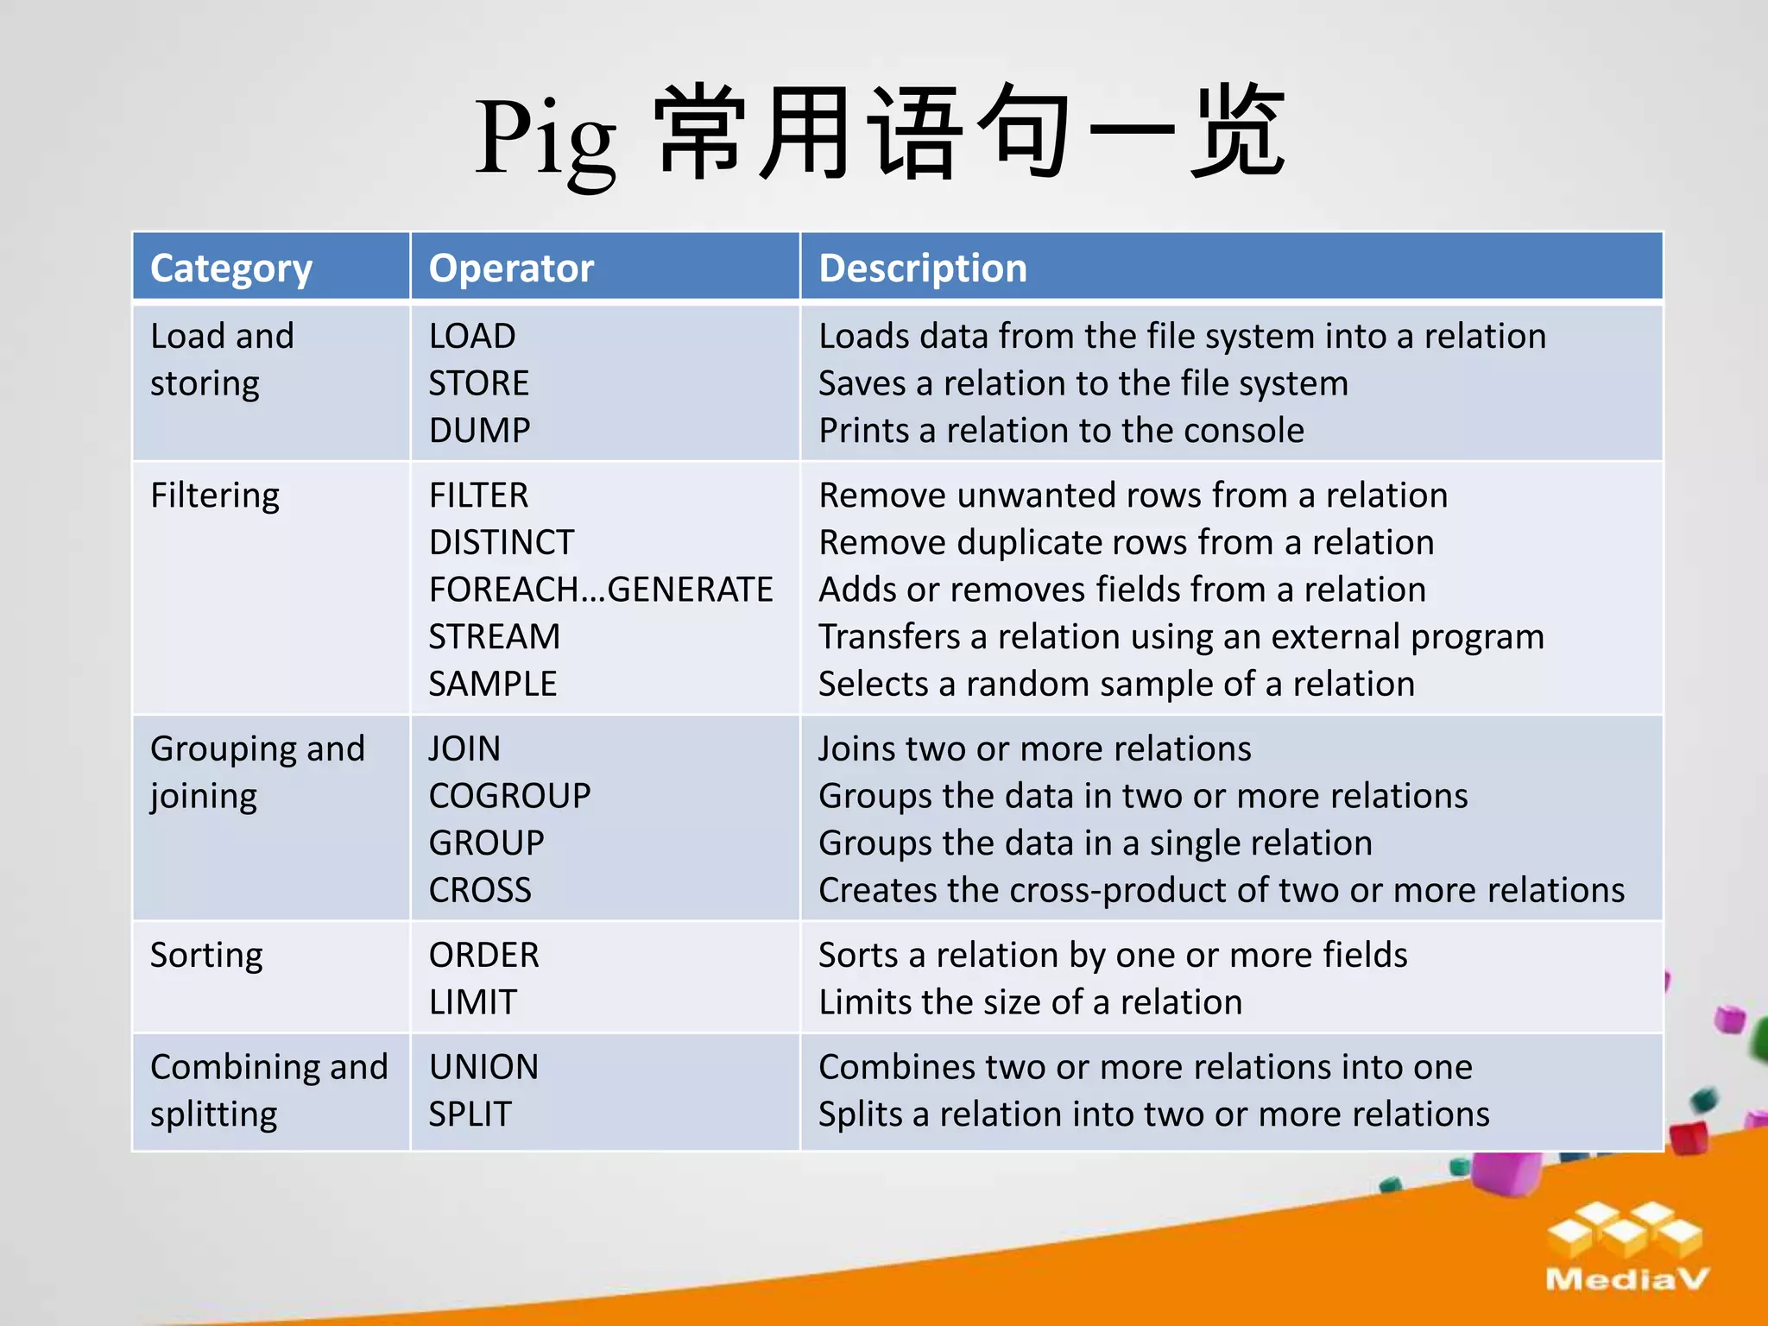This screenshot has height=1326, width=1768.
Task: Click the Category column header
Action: click(x=230, y=268)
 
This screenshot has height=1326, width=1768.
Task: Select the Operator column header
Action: click(x=511, y=268)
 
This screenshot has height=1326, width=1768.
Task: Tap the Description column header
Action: click(x=922, y=268)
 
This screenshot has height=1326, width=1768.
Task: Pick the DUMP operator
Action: click(x=479, y=430)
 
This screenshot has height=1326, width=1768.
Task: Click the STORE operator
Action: click(x=478, y=383)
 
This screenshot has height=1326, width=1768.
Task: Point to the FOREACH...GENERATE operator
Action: click(x=601, y=590)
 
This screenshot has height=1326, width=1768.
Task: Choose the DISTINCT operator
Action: click(x=501, y=543)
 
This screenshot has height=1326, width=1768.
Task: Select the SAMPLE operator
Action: click(x=492, y=684)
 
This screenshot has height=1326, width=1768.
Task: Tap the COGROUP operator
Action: click(x=509, y=796)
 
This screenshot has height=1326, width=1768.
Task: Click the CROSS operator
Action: click(x=480, y=890)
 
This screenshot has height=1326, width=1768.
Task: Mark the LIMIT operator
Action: click(x=472, y=1002)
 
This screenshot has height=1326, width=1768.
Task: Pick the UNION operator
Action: click(x=483, y=1067)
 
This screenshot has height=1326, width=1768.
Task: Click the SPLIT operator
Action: click(x=470, y=1114)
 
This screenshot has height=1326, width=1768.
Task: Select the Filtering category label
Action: click(x=215, y=496)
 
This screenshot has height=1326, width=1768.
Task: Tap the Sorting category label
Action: click(x=206, y=956)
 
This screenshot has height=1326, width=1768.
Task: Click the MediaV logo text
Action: click(x=1627, y=1279)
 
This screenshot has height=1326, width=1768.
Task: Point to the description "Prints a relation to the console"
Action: click(x=1061, y=430)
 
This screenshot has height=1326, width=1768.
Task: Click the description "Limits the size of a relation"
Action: click(x=1030, y=1002)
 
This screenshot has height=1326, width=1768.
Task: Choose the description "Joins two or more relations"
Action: click(x=1034, y=748)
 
